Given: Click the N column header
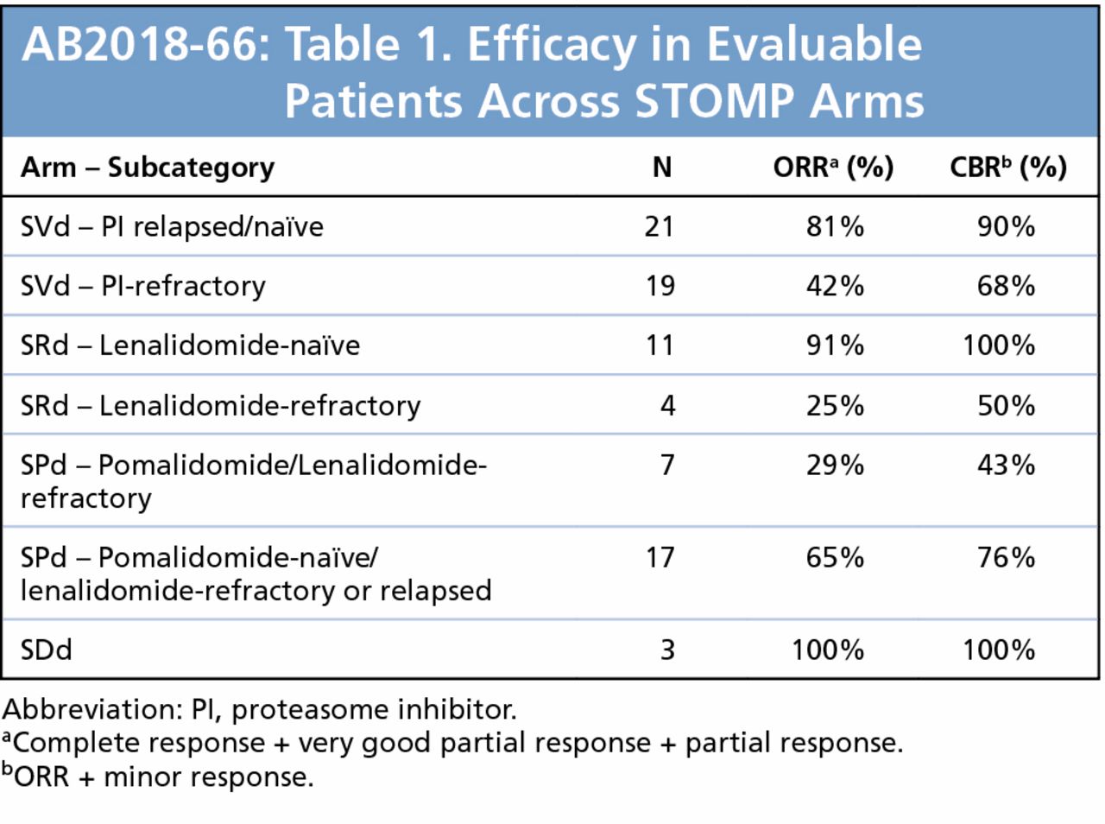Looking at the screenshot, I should pos(661,167).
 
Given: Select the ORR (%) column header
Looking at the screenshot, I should pos(832,167).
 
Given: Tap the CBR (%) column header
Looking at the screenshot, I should pos(1007,167).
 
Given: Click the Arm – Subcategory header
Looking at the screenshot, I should pos(148,168).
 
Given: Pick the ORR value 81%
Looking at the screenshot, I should pos(835,226).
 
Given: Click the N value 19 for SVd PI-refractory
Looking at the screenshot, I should pos(660,286).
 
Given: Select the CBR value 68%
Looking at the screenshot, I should pos(1006,286).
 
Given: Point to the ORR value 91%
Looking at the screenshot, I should pos(835,345).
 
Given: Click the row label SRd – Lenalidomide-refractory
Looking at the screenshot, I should pos(220,405).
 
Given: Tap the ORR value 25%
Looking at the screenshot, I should pos(835,405).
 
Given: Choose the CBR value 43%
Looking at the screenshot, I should pos(1006,465).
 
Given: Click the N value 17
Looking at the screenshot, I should pos(660,557).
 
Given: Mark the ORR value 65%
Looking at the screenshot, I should pos(835,557).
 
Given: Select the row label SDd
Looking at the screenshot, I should pos(47,650).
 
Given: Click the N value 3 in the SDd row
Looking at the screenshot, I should pos(667,650).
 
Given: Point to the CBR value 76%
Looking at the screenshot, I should pos(1006,557).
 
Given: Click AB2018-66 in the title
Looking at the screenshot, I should pos(140,45).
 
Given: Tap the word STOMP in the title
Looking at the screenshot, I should pos(714,102).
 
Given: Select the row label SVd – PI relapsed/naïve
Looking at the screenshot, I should pos(172,226).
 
